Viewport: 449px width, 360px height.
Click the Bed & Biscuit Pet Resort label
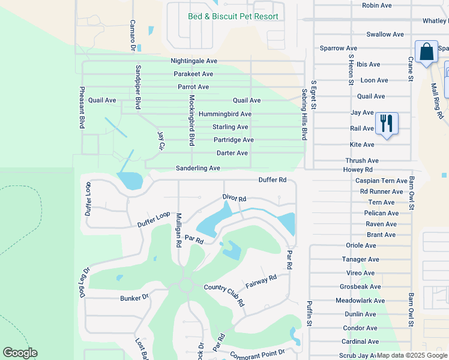[233, 16]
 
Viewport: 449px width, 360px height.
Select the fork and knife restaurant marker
[386, 124]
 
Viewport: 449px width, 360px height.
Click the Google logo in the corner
[20, 353]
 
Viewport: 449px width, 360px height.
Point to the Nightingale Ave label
[194, 61]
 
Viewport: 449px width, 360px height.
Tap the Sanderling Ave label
[197, 169]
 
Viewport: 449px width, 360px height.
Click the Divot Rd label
[234, 199]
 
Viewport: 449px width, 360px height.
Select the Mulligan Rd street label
[178, 230]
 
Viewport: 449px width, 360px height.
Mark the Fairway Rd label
[261, 281]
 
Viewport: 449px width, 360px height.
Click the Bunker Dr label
[134, 298]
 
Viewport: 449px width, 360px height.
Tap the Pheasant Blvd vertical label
[82, 107]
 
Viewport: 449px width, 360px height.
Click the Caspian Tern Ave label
[381, 181]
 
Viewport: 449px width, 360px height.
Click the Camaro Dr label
[133, 35]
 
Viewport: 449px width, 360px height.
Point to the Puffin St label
[310, 313]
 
